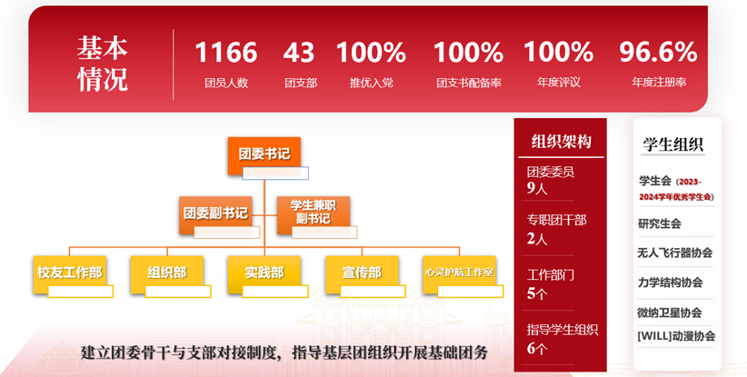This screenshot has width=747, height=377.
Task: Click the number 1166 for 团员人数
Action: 225,53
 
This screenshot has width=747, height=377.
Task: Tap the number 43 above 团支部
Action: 299,53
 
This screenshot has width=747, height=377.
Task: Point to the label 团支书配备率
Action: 468,83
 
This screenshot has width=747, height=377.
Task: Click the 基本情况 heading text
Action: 102,64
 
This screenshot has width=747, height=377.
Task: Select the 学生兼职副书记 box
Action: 313,212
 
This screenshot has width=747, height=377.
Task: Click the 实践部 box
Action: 264,272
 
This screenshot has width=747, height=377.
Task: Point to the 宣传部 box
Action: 362,272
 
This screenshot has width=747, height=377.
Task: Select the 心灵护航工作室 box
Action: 459,272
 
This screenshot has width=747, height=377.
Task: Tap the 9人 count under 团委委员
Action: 537,188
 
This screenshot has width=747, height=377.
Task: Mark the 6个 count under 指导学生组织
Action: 537,349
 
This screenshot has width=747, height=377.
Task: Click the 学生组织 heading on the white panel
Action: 673,144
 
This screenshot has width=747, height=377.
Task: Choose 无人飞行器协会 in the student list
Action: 675,253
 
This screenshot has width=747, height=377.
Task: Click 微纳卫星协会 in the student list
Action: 671,312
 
